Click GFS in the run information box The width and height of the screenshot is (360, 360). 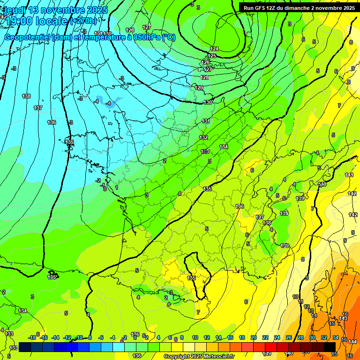coord(261,7)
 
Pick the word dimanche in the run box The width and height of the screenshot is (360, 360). coord(307,7)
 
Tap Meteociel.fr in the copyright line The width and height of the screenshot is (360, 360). coord(219,357)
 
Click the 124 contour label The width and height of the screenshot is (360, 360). coord(214,49)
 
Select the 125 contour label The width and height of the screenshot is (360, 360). coord(212,56)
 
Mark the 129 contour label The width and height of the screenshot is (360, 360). coord(199,88)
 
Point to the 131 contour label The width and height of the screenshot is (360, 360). coord(206,121)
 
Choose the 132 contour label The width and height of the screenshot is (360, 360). coord(203,137)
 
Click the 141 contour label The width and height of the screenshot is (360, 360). coord(349,175)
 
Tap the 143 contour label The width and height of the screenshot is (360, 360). coord(343,319)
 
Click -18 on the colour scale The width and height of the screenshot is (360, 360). coord(32,337)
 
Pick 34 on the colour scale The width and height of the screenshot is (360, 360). coord(336,337)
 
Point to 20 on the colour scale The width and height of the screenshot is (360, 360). coord(254,337)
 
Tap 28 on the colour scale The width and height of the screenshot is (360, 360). coord(300,337)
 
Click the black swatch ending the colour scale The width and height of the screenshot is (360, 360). coord(330,346)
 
